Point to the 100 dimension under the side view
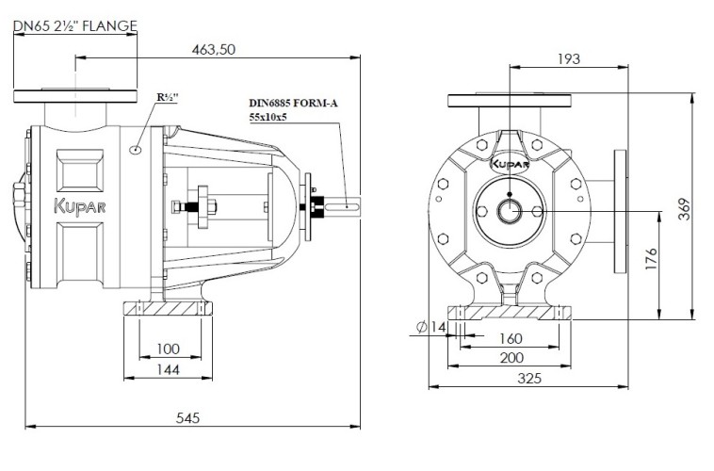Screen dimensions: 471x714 pos(167,349)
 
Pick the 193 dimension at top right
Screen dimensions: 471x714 pos(568,58)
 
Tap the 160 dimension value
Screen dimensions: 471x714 pos(509,338)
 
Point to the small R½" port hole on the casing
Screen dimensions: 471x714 pos(137,149)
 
